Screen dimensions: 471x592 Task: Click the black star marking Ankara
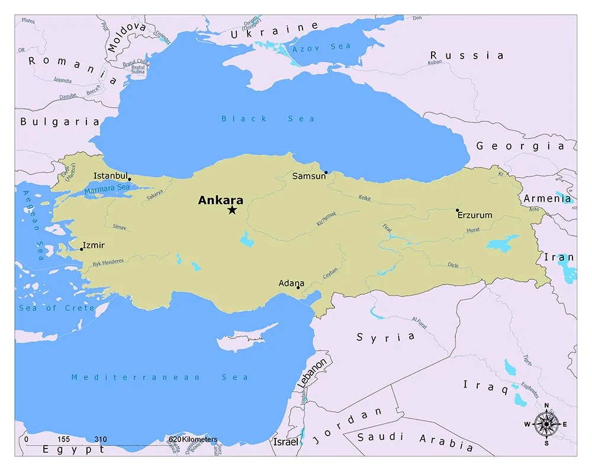point(232,210)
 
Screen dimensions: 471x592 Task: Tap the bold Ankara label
point(220,200)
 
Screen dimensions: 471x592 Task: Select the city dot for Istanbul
point(129,179)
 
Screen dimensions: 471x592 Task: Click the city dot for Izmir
point(82,249)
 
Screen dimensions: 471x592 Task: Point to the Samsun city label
point(308,176)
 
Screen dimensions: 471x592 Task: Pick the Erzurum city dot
point(457,210)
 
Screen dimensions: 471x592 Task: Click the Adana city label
point(291,283)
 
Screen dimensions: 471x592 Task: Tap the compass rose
point(546,424)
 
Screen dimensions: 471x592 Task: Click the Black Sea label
point(268,119)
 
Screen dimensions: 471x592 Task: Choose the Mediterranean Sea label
point(160,377)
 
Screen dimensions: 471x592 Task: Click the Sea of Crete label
point(57,308)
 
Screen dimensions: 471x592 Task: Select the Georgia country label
point(520,146)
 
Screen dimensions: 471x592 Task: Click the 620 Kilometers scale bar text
point(192,440)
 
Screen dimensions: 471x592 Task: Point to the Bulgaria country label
point(60,122)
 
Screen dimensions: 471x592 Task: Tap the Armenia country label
point(547,198)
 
